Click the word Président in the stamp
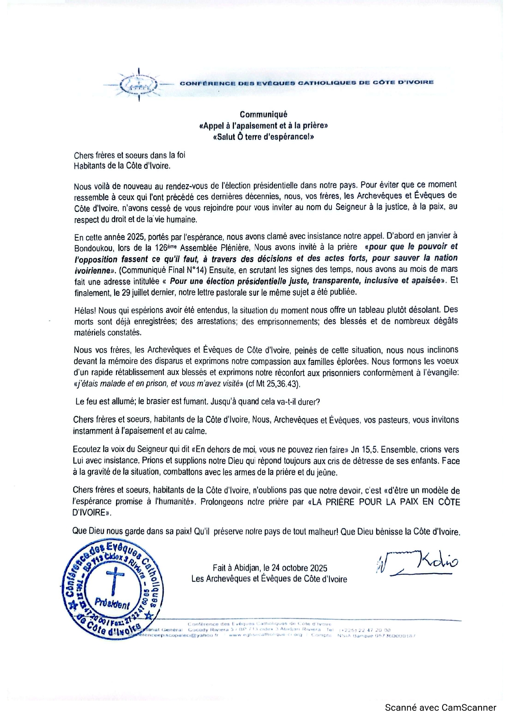click(x=112, y=604)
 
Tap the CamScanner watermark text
click(x=440, y=708)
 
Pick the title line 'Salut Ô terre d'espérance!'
click(x=263, y=137)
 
